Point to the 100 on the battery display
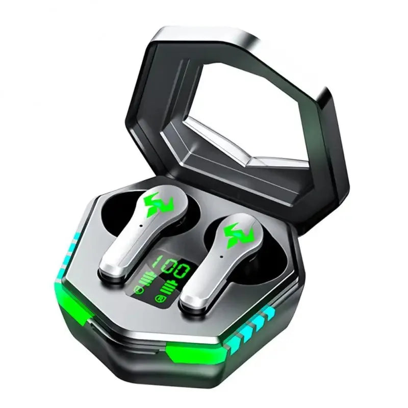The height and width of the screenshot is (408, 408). tap(176, 269)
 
